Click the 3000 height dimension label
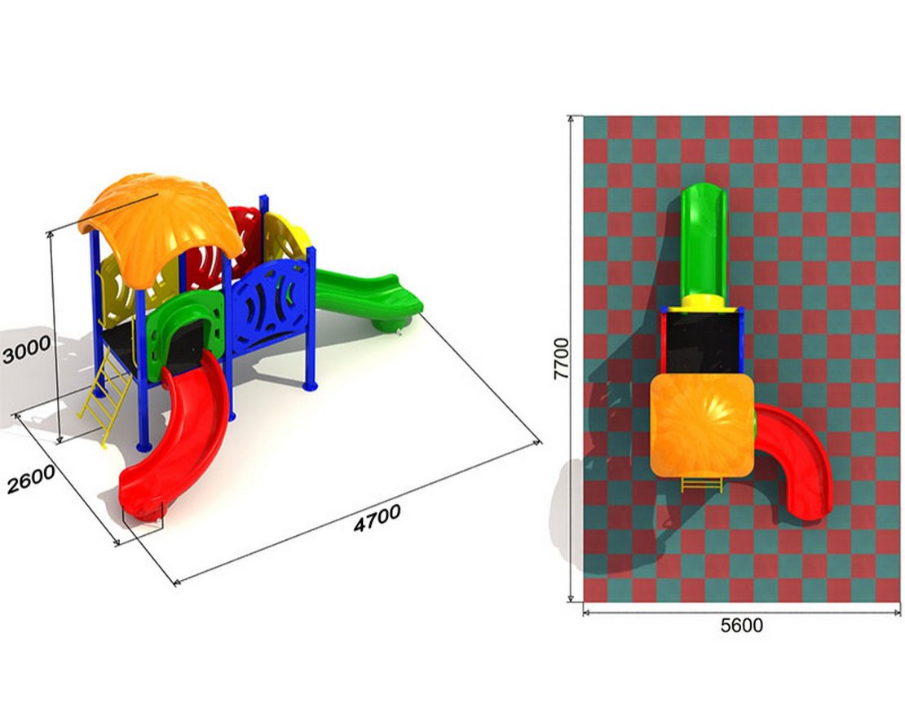[27, 350]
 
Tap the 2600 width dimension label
[31, 479]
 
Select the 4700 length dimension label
[377, 518]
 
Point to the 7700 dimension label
[560, 359]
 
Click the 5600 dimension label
[742, 625]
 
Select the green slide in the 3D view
[369, 297]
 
